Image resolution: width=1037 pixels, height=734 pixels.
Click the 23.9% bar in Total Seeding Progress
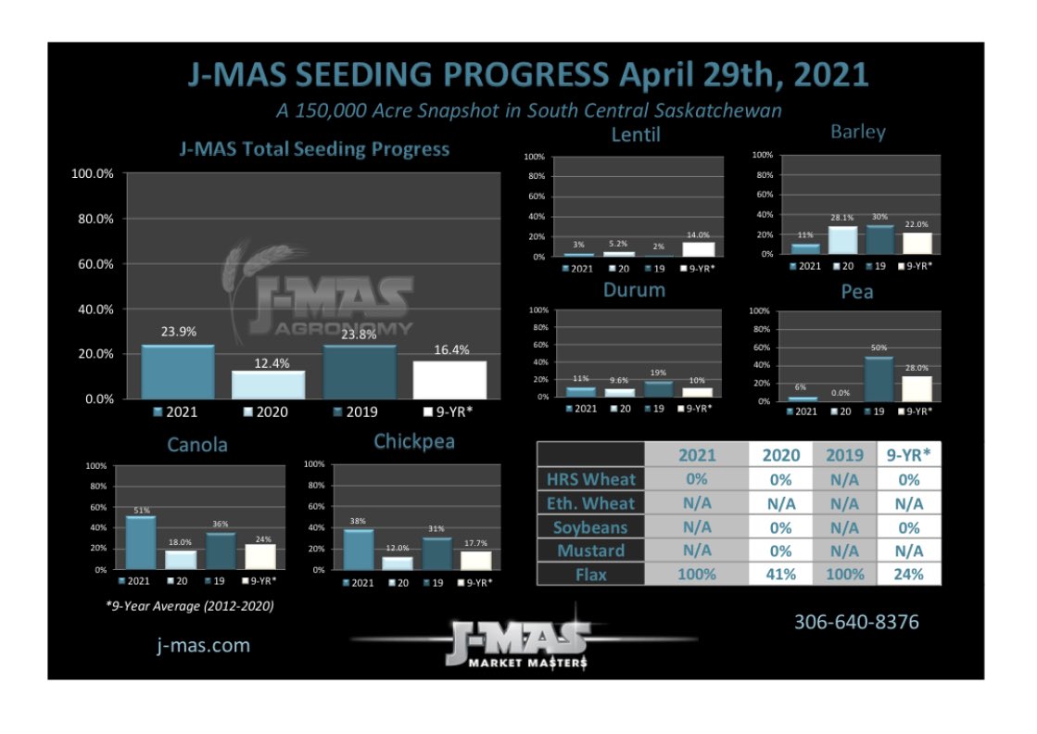[179, 372]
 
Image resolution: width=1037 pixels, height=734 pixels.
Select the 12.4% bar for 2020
[268, 385]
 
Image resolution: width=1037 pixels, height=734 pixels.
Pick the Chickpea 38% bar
[359, 549]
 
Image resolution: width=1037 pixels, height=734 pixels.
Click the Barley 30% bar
[879, 239]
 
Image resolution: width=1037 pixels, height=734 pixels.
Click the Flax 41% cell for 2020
[780, 574]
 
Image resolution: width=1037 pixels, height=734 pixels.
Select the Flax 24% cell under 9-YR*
[910, 574]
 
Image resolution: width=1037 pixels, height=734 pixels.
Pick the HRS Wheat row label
[590, 479]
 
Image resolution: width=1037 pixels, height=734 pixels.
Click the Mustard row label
[590, 550]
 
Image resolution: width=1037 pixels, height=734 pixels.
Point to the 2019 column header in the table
[845, 455]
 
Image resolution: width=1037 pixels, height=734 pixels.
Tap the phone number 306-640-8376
[856, 622]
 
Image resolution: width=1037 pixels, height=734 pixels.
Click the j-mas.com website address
[203, 645]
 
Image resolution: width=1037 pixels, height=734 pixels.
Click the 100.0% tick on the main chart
[93, 174]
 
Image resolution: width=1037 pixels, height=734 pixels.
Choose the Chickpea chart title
[414, 442]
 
